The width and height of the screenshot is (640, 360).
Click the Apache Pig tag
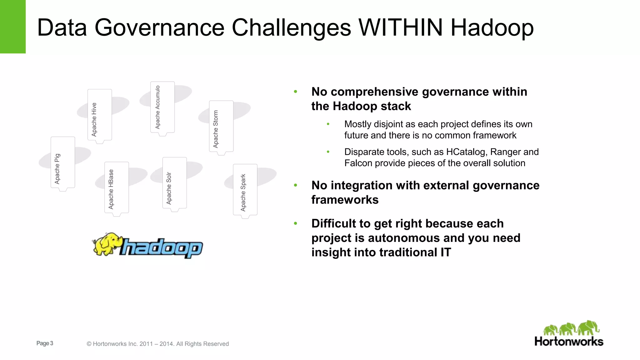pyautogui.click(x=63, y=163)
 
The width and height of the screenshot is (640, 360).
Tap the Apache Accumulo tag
pyautogui.click(x=162, y=107)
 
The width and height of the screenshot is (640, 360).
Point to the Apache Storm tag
pyautogui.click(x=221, y=127)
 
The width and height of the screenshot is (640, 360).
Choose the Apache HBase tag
pyautogui.click(x=117, y=187)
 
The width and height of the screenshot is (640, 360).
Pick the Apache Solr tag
pyautogui.click(x=175, y=183)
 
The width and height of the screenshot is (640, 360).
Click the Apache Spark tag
pyautogui.click(x=245, y=190)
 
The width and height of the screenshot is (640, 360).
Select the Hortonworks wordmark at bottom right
pyautogui.click(x=569, y=342)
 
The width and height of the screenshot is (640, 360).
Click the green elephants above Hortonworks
pyautogui.click(x=571, y=328)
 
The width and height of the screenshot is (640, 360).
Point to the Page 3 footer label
pyautogui.click(x=45, y=343)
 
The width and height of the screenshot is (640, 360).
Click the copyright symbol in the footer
pyautogui.click(x=89, y=344)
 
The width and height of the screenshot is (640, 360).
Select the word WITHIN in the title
pyautogui.click(x=401, y=27)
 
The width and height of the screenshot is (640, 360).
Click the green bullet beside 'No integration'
pyautogui.click(x=295, y=185)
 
